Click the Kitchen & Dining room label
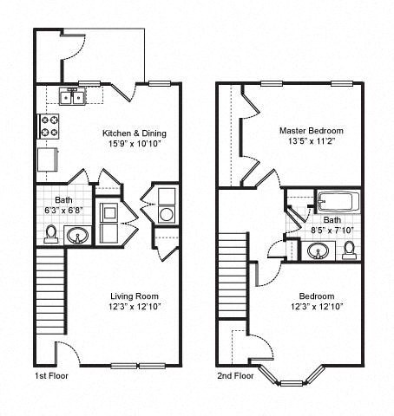tap(135, 133)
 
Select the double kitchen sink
tap(71, 96)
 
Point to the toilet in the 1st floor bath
tap(52, 233)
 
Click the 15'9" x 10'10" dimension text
tap(135, 144)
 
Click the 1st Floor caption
tap(50, 376)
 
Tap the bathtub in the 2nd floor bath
tap(338, 202)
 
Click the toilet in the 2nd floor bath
tap(349, 250)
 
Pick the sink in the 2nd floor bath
tap(318, 250)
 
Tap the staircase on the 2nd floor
tap(233, 276)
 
